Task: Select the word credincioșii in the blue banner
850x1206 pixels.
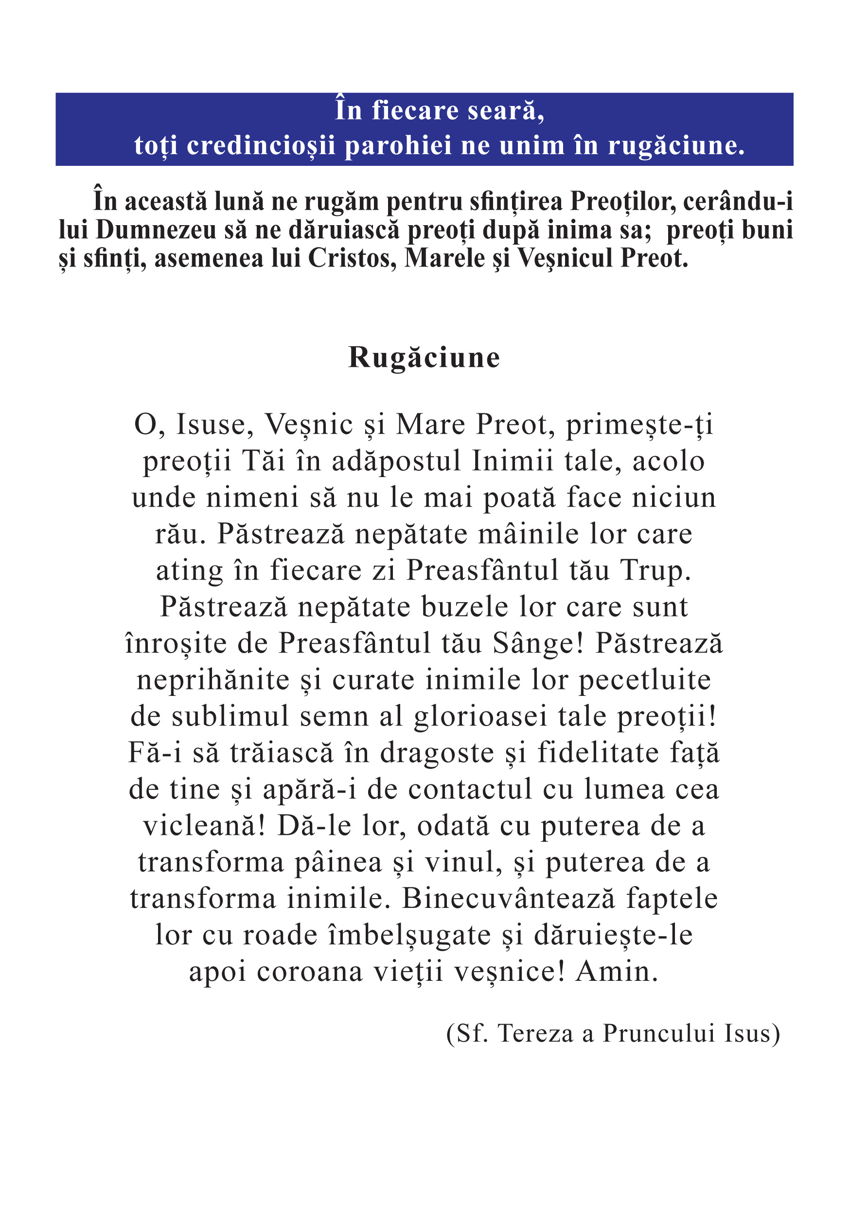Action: pos(261,145)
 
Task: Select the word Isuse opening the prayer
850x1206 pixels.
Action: pos(215,425)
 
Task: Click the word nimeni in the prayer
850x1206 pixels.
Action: pos(252,497)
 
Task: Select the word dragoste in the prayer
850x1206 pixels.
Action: pos(437,753)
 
